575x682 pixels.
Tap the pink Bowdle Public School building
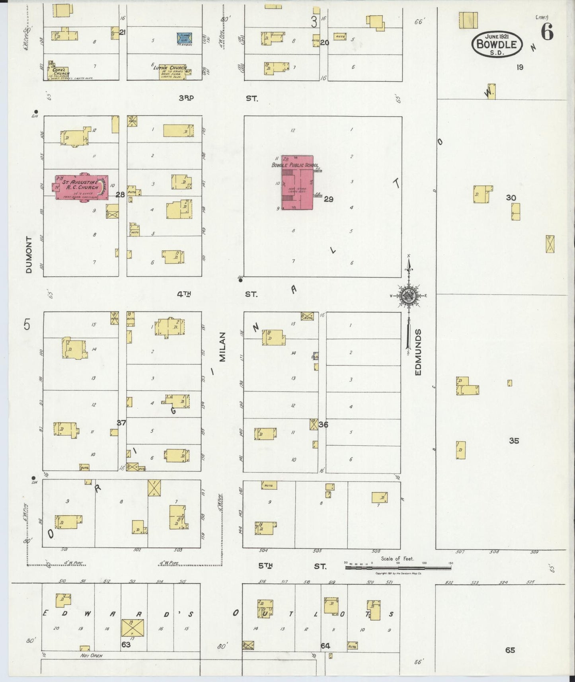tap(297, 183)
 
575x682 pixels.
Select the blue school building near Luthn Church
tap(184, 38)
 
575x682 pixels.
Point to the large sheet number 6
tap(547, 32)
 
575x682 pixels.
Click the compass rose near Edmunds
tap(408, 295)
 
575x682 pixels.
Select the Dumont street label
tap(28, 255)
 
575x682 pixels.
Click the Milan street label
tap(222, 347)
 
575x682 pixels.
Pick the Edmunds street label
tap(418, 352)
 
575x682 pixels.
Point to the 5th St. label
tap(292, 566)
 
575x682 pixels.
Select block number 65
tap(510, 650)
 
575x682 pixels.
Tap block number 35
tap(514, 440)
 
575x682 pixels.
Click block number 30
tap(511, 198)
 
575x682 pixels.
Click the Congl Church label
tap(60, 71)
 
